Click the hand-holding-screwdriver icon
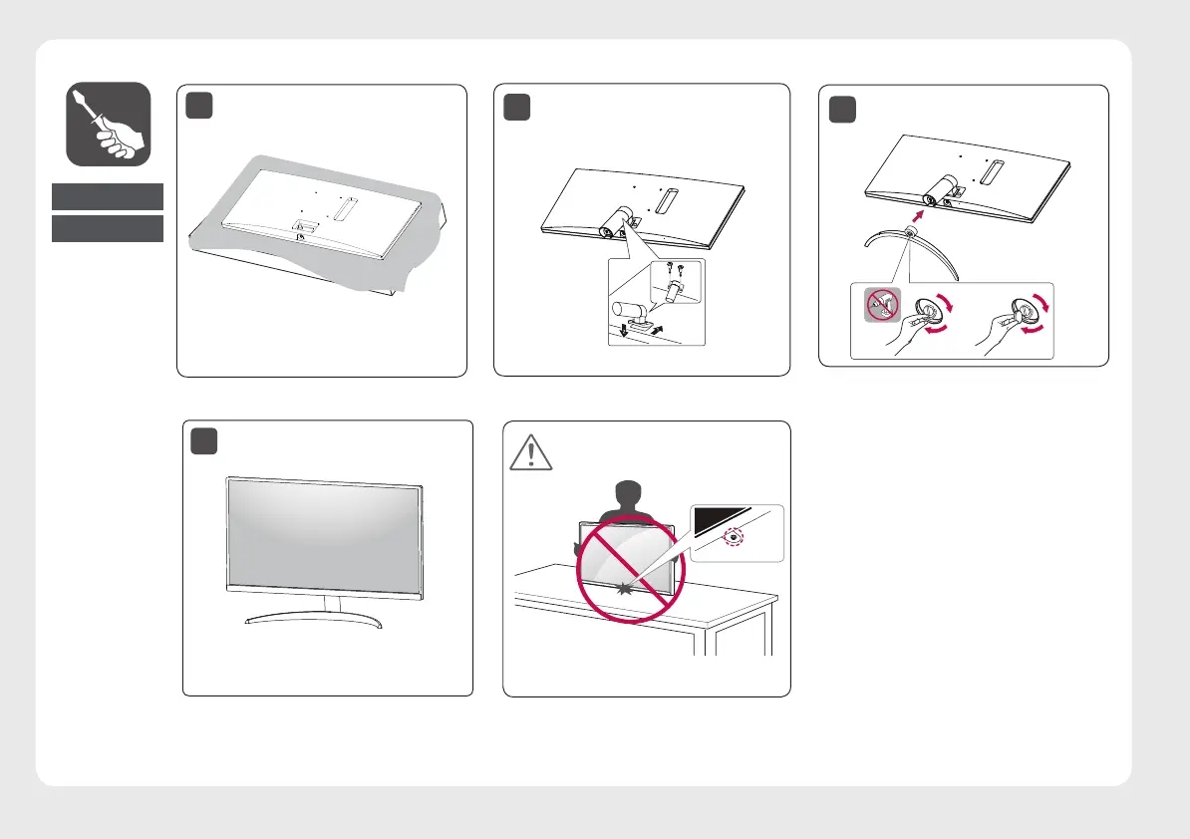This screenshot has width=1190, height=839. pyautogui.click(x=109, y=124)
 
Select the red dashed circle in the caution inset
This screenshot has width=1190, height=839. pyautogui.click(x=735, y=535)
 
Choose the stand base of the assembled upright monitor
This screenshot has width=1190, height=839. pyautogui.click(x=313, y=620)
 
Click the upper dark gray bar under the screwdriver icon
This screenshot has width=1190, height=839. pyautogui.click(x=108, y=196)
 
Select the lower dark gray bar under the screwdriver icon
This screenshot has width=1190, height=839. pyautogui.click(x=108, y=228)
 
